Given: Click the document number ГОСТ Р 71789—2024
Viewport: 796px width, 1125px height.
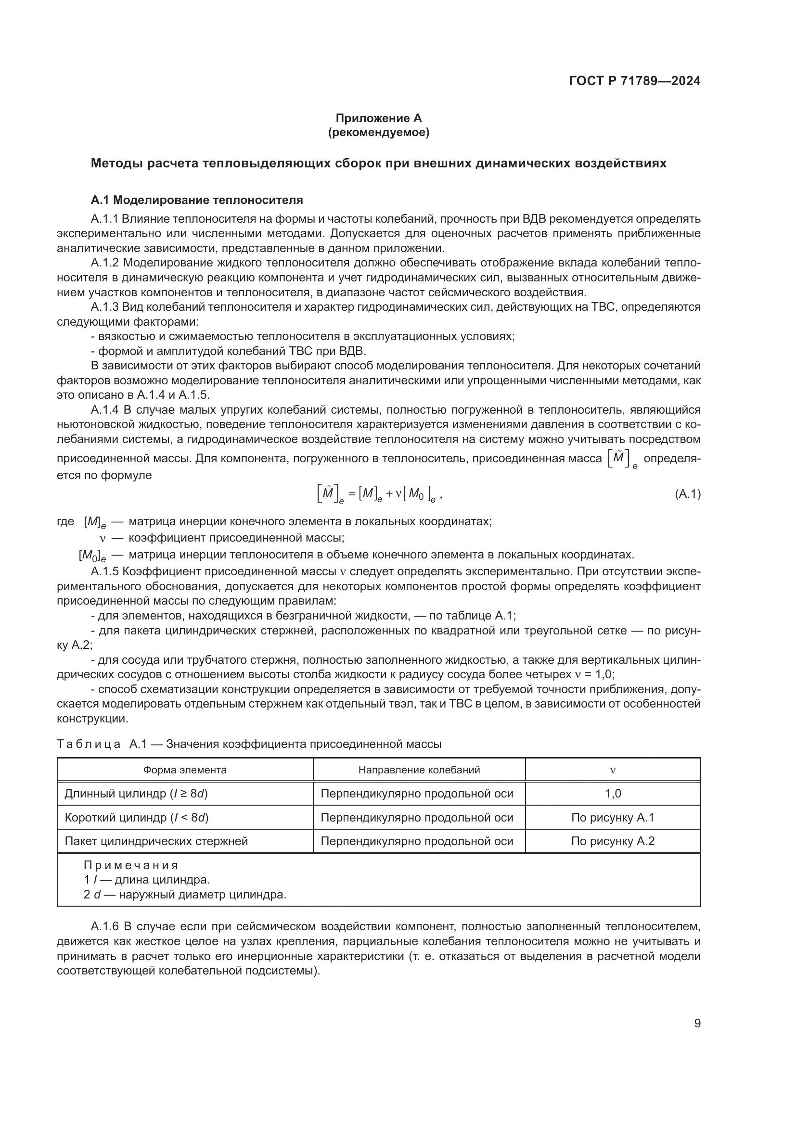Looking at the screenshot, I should (x=634, y=81).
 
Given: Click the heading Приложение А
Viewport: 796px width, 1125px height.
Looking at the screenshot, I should (x=378, y=118).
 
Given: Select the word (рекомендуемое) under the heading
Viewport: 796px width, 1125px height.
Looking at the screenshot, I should (x=378, y=132).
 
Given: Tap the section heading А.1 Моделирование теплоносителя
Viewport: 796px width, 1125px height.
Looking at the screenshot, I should (x=196, y=200).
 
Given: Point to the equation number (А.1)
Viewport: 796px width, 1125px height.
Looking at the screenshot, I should (x=687, y=494).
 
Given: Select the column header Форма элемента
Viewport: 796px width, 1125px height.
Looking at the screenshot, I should (x=185, y=770).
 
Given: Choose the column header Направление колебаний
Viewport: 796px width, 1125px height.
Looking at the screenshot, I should (x=419, y=770).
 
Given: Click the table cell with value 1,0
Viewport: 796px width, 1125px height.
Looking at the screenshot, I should (x=613, y=793).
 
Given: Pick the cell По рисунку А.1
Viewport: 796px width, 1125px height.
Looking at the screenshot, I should (x=613, y=817).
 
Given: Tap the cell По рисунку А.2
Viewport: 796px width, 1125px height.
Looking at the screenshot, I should (x=613, y=841).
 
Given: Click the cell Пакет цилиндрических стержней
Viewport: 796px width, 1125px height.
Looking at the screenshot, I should (x=156, y=841).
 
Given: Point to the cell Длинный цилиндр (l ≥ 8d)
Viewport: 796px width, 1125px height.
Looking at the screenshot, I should (x=136, y=793).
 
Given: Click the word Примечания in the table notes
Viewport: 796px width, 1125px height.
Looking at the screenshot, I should (x=131, y=865).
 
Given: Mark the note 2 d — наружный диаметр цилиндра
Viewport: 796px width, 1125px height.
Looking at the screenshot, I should (x=185, y=895).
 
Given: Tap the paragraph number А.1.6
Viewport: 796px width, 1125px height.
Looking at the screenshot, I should (x=105, y=926).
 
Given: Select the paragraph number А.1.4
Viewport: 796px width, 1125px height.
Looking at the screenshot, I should (x=105, y=410).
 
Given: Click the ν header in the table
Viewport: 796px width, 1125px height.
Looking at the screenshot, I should (x=613, y=770).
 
